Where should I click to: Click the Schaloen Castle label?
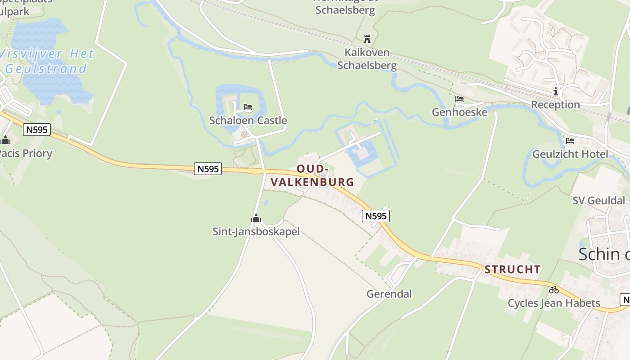248,121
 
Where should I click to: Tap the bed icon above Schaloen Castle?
247,108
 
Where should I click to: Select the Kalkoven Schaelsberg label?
367,59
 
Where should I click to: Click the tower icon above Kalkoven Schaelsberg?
367,39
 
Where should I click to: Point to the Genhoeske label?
459,112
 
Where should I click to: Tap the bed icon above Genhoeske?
459,99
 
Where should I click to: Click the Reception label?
555,105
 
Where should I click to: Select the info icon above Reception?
556,92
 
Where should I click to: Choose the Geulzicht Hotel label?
570,154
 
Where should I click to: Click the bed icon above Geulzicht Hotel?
570,141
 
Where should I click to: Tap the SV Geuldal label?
598,201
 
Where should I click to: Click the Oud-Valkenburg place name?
312,175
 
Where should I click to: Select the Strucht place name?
513,270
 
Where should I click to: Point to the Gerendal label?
389,294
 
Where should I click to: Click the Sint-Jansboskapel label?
256,232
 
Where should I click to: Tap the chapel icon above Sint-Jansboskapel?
256,219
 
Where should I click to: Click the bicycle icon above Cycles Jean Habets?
553,290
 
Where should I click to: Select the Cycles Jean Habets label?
554,303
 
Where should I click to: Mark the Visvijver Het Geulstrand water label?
47,61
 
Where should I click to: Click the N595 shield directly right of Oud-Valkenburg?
375,216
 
